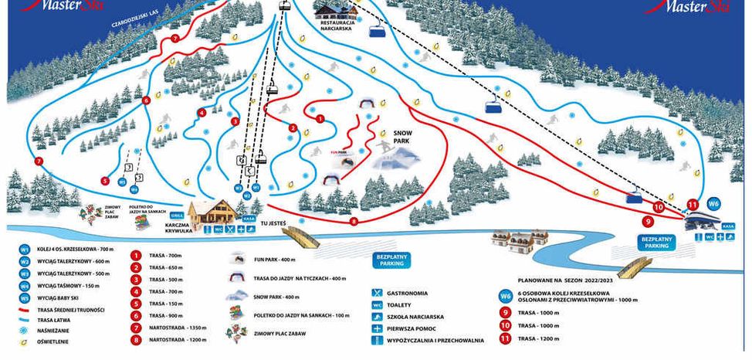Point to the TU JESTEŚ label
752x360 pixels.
point(273,223)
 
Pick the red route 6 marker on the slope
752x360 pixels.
point(146,100)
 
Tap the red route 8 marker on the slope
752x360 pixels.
point(354,222)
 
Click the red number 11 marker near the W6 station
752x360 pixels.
point(692,205)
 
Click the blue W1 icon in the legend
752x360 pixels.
point(25,250)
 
